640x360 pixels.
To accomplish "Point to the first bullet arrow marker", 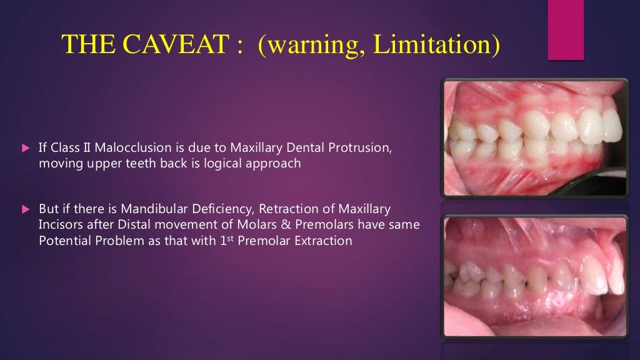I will click(x=26, y=149).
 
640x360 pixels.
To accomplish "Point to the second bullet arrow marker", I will click(x=26, y=209).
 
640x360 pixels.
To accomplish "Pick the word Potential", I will click(x=64, y=240).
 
